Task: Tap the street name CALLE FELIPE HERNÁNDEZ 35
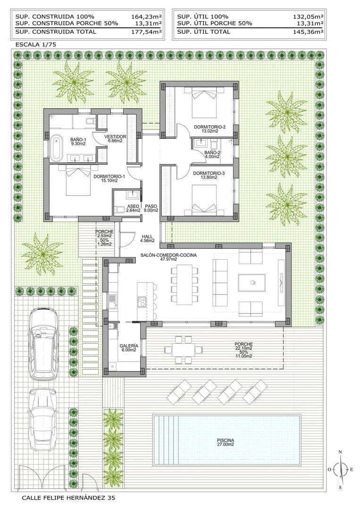(x=68, y=498)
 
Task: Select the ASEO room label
(x=133, y=208)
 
